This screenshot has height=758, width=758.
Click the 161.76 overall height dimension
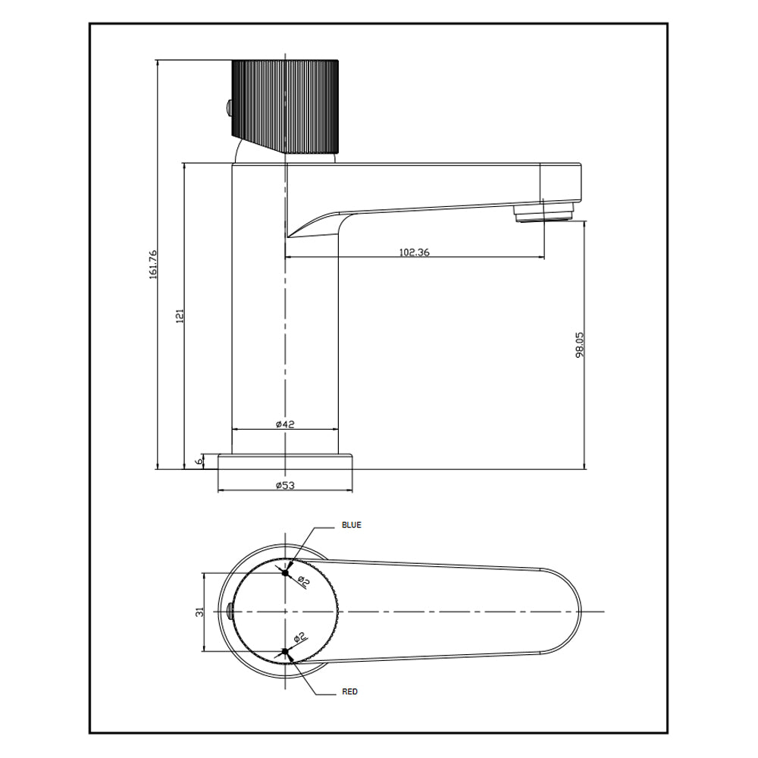(153, 264)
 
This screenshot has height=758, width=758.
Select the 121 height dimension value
(180, 316)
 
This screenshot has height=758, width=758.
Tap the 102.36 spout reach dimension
(414, 252)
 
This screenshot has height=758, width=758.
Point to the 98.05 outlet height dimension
(580, 344)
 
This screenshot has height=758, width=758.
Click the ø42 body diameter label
(284, 424)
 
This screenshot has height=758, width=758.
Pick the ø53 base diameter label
(284, 484)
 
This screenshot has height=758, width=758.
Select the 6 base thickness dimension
(199, 462)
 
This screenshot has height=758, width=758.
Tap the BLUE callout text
(352, 525)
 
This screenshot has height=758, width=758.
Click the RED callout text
(349, 692)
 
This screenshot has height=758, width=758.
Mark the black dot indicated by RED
(285, 651)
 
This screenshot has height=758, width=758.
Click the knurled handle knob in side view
(284, 105)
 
